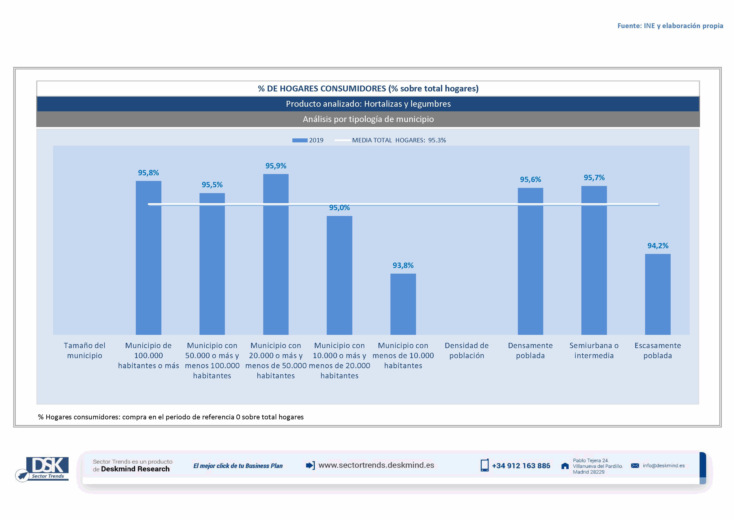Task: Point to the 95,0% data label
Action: (x=339, y=208)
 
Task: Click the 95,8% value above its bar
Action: (x=148, y=173)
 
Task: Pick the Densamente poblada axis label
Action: (x=530, y=350)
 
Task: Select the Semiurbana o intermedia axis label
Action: (x=594, y=350)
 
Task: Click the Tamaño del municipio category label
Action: (x=84, y=350)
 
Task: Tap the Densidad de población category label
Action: (x=466, y=350)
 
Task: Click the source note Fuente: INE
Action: (x=670, y=26)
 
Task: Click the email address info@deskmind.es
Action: (x=663, y=465)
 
